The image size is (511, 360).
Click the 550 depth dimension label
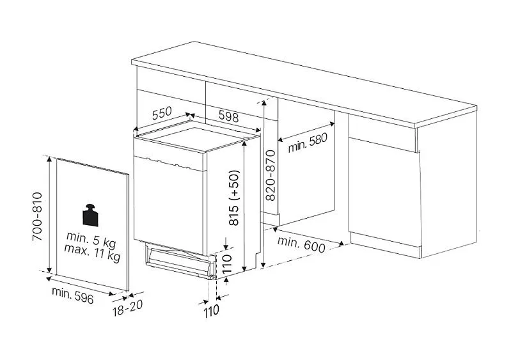[x=162, y=113]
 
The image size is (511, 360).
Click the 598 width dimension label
[x=228, y=116]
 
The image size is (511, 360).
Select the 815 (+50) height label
[x=234, y=198]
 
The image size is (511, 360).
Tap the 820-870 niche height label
[x=271, y=175]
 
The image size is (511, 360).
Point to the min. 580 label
[x=308, y=143]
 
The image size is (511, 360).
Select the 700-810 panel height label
[x=37, y=216]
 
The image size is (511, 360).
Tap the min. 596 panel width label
[x=73, y=295]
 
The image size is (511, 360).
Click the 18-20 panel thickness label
[x=128, y=308]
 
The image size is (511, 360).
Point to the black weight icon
[x=91, y=215]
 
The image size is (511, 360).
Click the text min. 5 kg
[x=91, y=239]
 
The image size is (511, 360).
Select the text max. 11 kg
[x=92, y=253]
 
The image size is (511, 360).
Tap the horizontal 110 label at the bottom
[x=211, y=311]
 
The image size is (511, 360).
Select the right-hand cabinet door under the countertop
[x=384, y=192]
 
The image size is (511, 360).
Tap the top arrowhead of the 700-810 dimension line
[x=49, y=159]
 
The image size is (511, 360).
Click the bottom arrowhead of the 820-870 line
[x=263, y=265]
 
